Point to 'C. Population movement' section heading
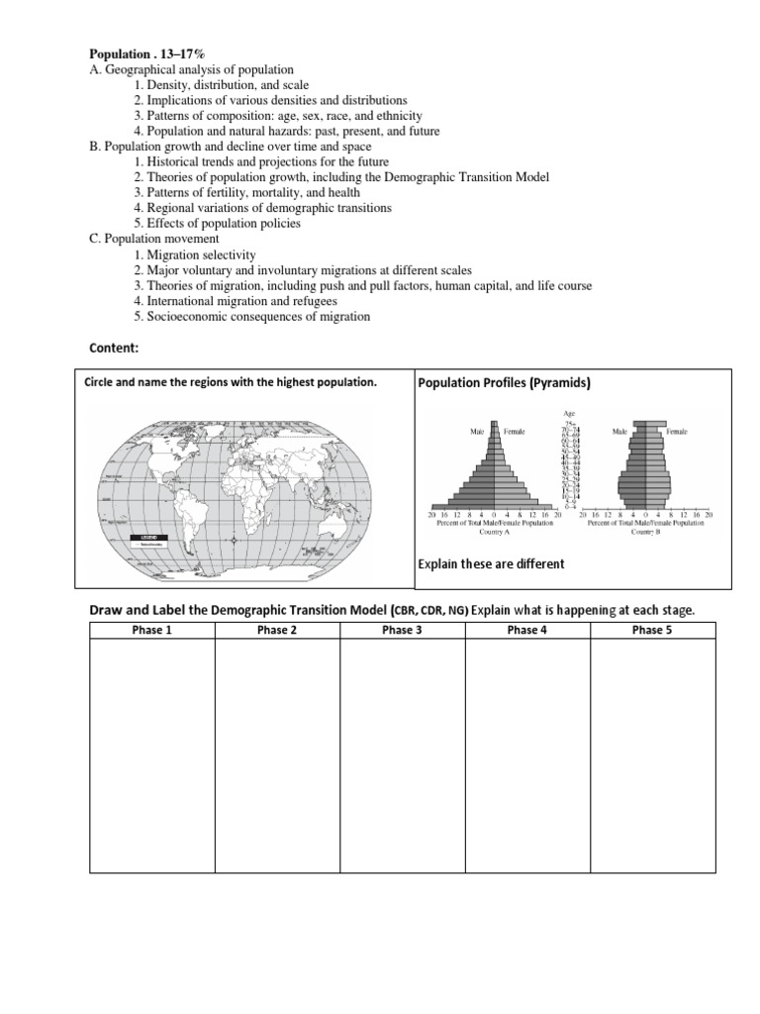(153, 239)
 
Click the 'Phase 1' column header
(151, 630)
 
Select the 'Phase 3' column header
(402, 630)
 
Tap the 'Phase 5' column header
(652, 630)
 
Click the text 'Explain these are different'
(492, 563)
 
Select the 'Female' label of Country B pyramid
(676, 432)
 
